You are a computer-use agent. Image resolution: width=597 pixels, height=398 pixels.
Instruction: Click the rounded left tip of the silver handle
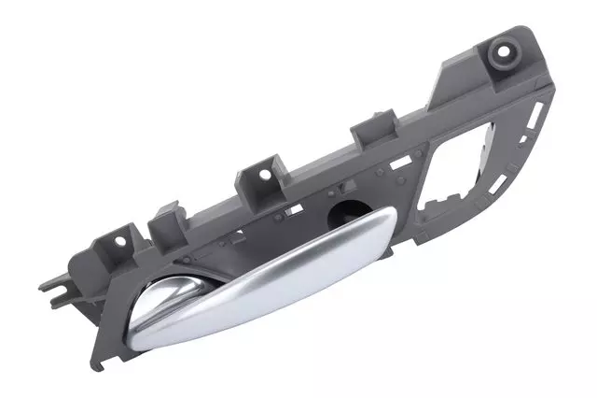coord(140,332)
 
